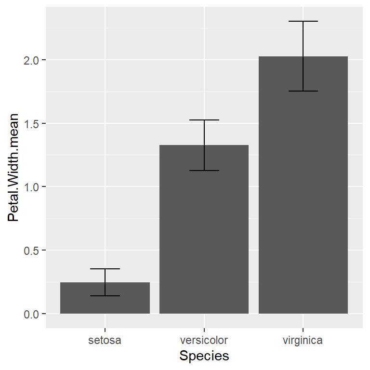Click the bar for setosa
pos(105,299)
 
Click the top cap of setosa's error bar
pos(105,269)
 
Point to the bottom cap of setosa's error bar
pos(105,296)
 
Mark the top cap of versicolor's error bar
pos(204,120)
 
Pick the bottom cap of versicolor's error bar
pos(204,171)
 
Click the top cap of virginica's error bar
pos(303,22)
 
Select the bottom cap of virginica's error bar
pos(303,91)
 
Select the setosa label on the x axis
pos(105,341)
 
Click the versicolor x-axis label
pos(204,341)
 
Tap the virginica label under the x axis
pos(303,341)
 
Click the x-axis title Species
pos(204,356)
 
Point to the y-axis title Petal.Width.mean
pos(13,168)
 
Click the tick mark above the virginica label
pos(303,330)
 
